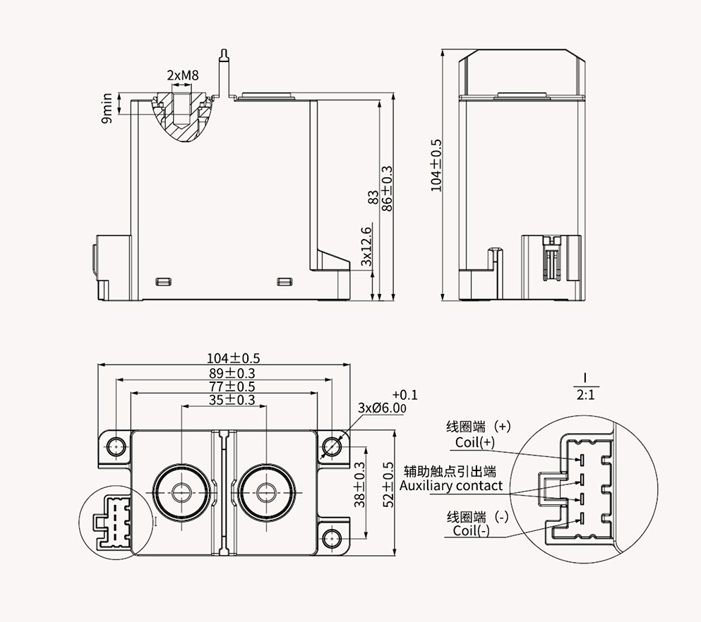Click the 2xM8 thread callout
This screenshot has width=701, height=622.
pyautogui.click(x=181, y=75)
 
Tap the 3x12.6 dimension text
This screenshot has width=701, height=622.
pyautogui.click(x=366, y=246)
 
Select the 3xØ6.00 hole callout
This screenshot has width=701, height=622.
pyautogui.click(x=382, y=408)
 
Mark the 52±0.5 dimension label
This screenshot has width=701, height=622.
pyautogui.click(x=387, y=486)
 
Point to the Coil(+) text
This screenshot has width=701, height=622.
pyautogui.click(x=474, y=442)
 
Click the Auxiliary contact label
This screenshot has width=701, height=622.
pyautogui.click(x=451, y=485)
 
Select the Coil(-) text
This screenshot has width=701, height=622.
pyautogui.click(x=471, y=530)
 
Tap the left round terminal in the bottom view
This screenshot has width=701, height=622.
pyautogui.click(x=182, y=492)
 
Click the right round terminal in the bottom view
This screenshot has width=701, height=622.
pyautogui.click(x=266, y=492)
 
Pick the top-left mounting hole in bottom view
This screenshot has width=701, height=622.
pyautogui.click(x=115, y=446)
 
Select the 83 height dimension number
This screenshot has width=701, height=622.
pyautogui.click(x=373, y=198)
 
